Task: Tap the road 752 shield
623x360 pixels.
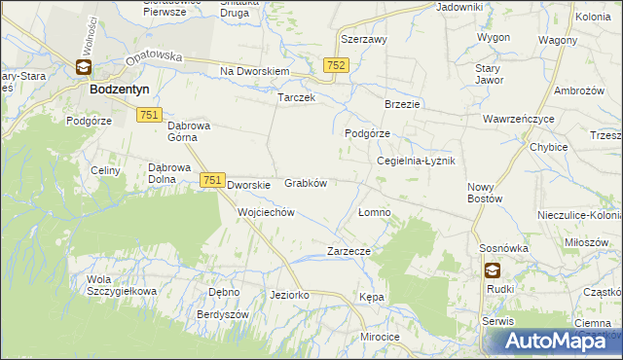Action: (x=336, y=64)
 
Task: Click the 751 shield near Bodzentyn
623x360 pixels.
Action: (x=149, y=115)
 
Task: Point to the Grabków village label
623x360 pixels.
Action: (x=305, y=182)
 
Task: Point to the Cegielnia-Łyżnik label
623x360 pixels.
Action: (x=416, y=162)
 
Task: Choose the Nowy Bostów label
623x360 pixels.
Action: (x=484, y=192)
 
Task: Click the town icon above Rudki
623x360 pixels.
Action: (x=494, y=271)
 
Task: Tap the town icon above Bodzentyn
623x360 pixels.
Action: (x=84, y=68)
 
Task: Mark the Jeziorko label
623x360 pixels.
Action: (x=290, y=294)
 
